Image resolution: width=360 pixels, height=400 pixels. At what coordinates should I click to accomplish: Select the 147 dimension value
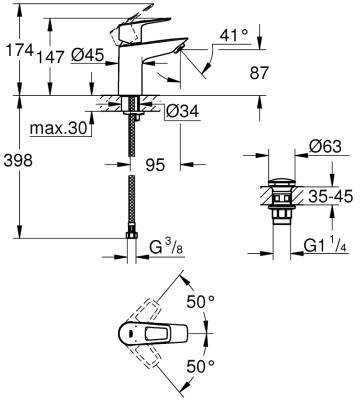click(50, 58)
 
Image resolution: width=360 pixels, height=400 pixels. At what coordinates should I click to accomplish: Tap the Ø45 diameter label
click(87, 55)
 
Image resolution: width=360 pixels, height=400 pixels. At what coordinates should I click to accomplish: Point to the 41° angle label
click(234, 35)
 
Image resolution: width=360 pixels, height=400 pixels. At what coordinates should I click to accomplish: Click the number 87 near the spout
click(259, 73)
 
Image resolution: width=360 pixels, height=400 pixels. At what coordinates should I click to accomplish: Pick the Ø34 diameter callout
click(182, 111)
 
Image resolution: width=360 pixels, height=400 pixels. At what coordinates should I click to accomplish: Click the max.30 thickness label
click(58, 128)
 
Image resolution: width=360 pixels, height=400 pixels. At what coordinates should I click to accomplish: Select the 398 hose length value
click(18, 161)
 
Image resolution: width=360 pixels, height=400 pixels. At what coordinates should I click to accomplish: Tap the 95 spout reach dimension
click(155, 164)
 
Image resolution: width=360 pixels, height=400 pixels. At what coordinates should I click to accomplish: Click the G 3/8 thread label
click(166, 248)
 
